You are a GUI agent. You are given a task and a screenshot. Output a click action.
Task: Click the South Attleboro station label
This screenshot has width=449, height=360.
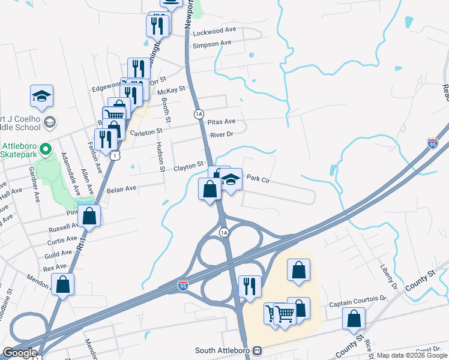[x=223, y=350]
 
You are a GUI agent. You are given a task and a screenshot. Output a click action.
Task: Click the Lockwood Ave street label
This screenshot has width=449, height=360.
[x=214, y=30]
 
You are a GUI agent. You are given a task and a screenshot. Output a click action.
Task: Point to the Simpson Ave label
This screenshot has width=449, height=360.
[x=211, y=43]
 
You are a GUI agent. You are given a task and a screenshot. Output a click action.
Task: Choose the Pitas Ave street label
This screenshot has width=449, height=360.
[x=221, y=121]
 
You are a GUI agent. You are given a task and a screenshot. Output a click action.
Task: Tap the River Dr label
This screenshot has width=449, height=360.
[x=221, y=134]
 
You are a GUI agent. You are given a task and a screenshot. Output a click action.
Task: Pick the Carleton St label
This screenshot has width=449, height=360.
[x=146, y=131]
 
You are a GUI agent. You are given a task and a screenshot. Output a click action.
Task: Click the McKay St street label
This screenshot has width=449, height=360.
[x=170, y=92]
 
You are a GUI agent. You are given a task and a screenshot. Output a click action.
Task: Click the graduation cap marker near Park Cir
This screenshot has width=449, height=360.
[x=231, y=179]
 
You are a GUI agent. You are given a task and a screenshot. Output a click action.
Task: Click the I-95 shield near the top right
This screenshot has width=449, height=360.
[x=433, y=143]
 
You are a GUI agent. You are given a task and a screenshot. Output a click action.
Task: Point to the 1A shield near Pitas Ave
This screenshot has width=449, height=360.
[x=199, y=114]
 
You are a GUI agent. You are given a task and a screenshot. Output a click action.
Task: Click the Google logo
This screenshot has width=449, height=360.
[x=20, y=353]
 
